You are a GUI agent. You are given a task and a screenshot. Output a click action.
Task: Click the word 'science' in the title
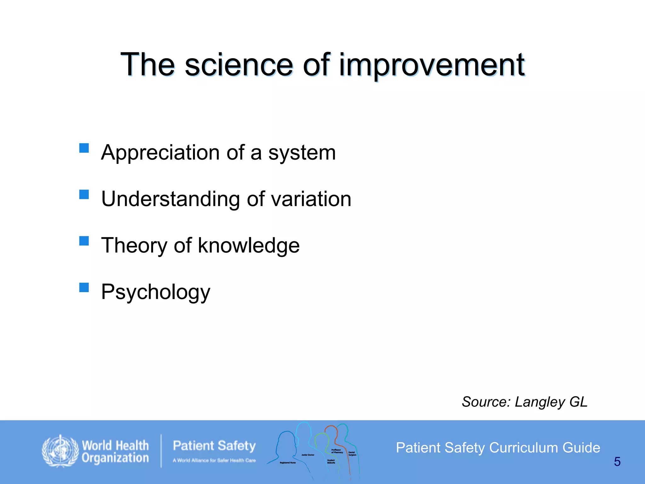coord(239,65)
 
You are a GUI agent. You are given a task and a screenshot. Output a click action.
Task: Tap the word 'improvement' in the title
coord(432,65)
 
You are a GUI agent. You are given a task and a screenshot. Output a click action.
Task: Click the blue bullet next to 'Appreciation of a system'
coord(84,148)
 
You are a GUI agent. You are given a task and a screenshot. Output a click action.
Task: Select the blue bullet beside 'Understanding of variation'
coord(84,194)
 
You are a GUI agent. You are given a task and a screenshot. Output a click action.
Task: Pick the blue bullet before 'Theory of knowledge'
coord(84,241)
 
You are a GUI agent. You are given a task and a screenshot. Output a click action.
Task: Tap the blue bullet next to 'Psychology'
coord(84,287)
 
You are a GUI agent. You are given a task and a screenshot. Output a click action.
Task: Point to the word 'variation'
coord(311,199)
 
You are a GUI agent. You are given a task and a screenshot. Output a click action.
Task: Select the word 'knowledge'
coord(249,246)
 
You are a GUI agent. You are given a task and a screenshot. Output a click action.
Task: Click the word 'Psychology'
coord(156,292)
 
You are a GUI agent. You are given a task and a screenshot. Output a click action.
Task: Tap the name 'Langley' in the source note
coord(540,402)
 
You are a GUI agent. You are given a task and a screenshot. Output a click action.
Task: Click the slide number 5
coord(617,462)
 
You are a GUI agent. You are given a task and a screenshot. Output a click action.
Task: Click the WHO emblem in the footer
coord(60,451)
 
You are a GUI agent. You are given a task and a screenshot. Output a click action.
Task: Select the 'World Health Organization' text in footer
coord(115,452)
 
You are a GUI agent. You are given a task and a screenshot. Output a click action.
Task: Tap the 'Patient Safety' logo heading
coord(214,446)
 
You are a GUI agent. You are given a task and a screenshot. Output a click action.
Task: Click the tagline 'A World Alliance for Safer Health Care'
coord(214,460)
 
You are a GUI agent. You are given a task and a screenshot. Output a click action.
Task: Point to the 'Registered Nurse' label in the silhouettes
coord(288,463)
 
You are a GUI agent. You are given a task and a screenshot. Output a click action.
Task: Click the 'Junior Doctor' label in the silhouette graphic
coord(308,455)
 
